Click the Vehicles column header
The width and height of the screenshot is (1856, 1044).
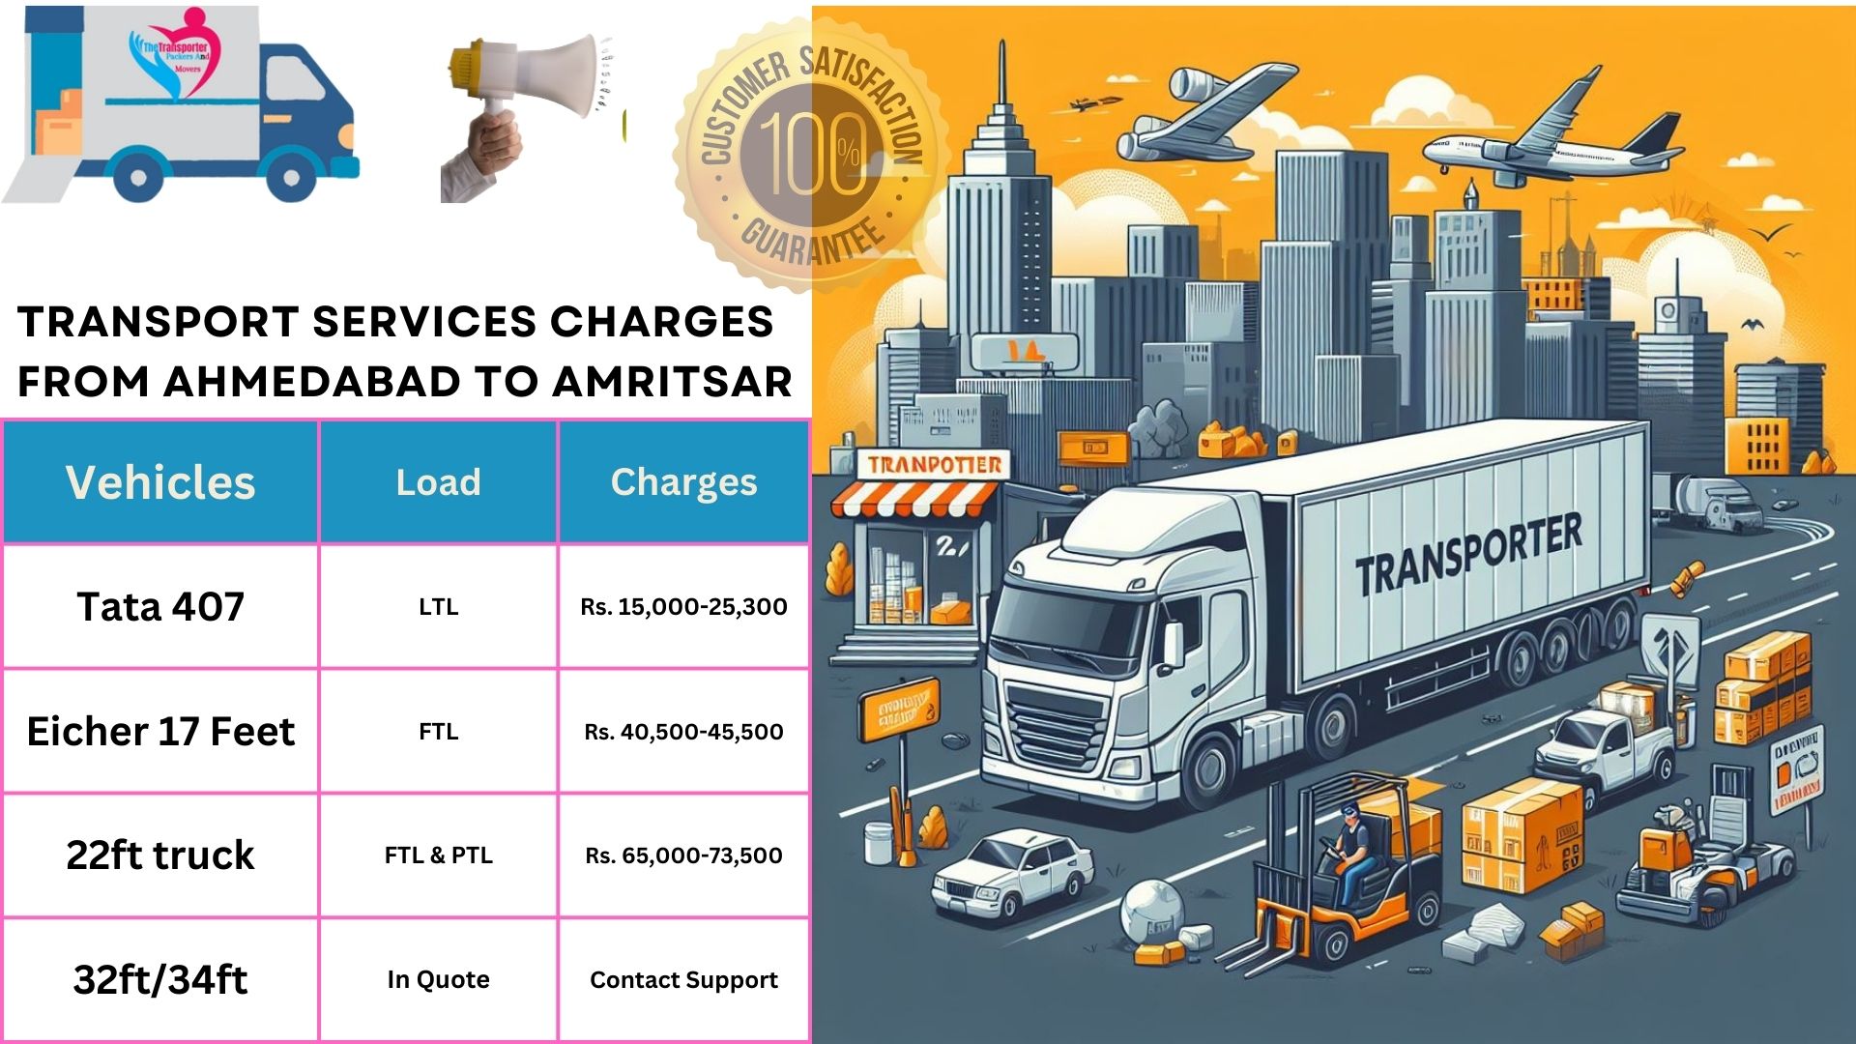[160, 482]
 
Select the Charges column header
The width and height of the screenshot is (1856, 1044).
[683, 482]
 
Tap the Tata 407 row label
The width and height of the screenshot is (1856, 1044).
[160, 607]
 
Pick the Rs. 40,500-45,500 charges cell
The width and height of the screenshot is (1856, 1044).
[683, 732]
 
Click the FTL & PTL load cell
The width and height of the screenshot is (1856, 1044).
[438, 855]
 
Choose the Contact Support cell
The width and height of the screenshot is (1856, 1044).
[683, 980]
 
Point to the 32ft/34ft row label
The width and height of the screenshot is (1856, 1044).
[160, 980]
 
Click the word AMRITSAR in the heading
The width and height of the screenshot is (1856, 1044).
[672, 382]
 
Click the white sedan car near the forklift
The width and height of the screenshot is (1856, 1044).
[1010, 870]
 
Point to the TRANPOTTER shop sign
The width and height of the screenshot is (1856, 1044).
[934, 465]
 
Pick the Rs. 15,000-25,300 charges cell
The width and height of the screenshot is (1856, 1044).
[683, 607]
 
